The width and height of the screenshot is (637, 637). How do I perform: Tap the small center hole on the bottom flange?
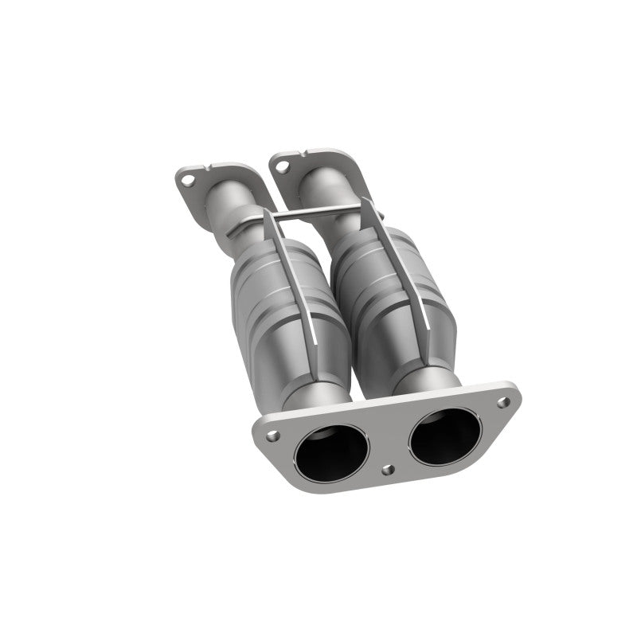click(386, 470)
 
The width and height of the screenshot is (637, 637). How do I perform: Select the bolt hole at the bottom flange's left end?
click(272, 436)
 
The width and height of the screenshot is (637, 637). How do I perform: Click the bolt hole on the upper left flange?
click(187, 179)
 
